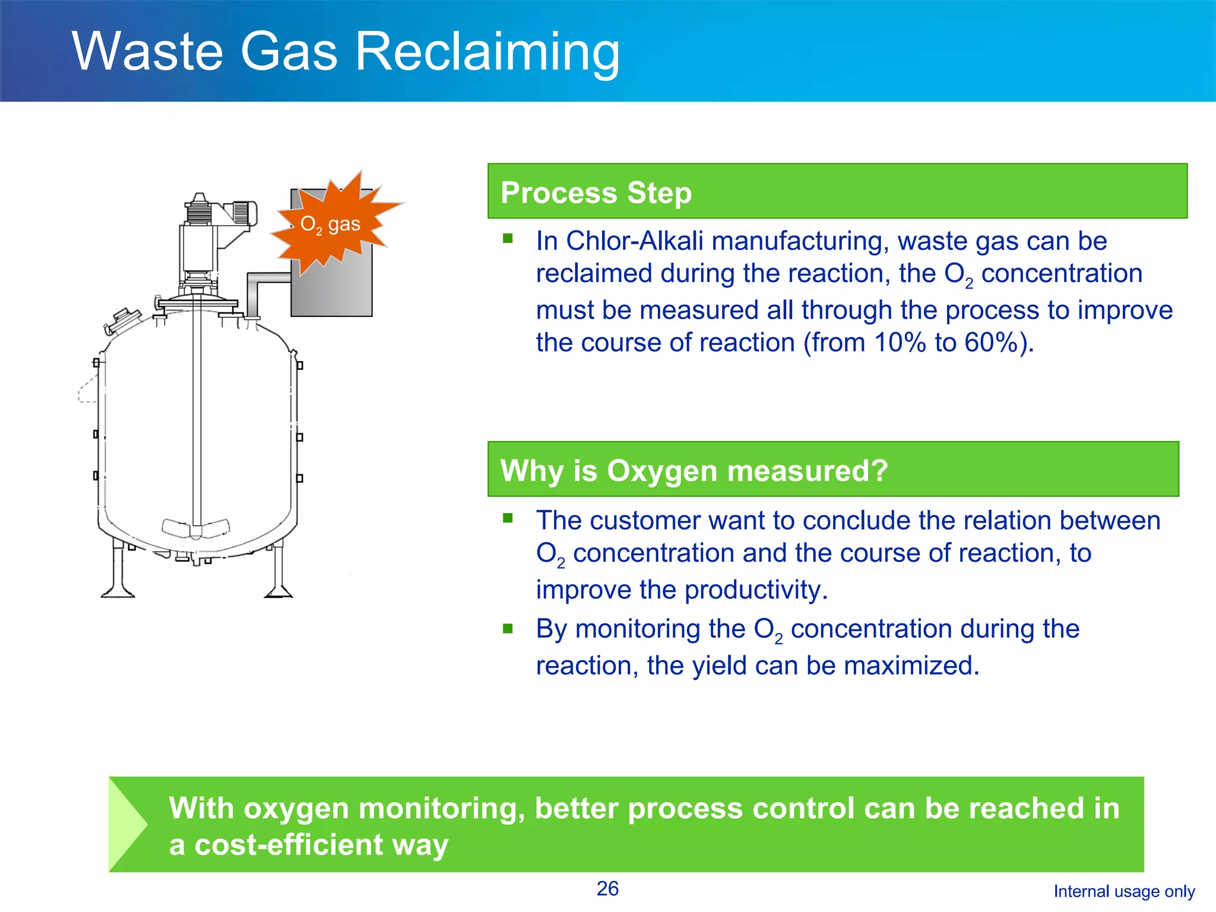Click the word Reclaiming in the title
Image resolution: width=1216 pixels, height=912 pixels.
click(x=487, y=52)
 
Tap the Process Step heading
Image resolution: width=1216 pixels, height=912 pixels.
click(x=596, y=193)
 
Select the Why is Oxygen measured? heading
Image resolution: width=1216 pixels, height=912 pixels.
click(x=693, y=471)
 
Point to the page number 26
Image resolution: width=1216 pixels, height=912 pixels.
click(x=607, y=889)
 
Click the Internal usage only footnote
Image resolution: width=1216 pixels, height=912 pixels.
click(x=1124, y=891)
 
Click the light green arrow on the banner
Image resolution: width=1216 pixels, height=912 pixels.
click(x=127, y=824)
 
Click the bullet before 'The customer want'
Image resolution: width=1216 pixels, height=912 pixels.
click(x=508, y=518)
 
